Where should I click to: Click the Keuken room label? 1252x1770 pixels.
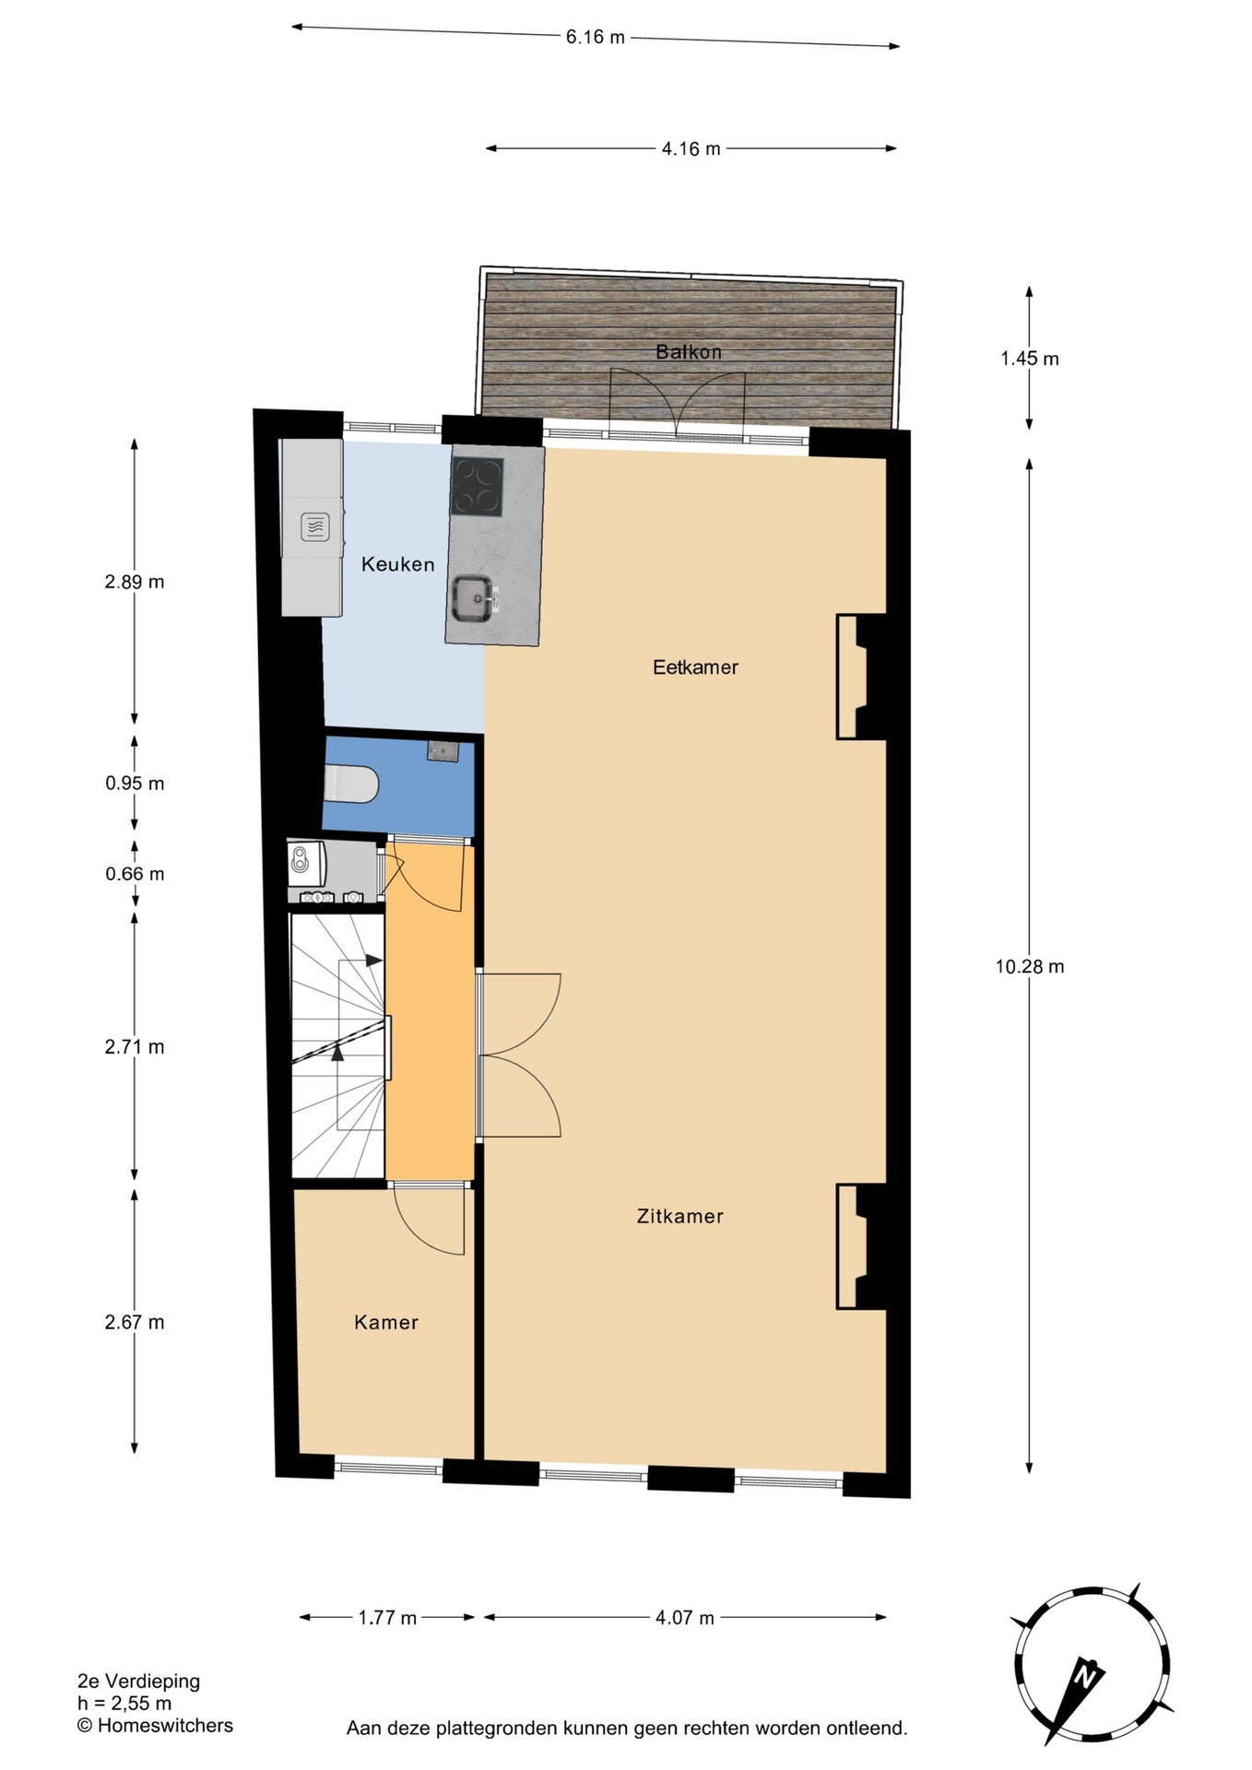click(397, 564)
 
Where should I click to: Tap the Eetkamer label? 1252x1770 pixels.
click(695, 667)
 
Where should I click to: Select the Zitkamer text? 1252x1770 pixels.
click(679, 1216)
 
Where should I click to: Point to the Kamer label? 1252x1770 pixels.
click(386, 1322)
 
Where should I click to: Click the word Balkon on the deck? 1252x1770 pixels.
click(689, 351)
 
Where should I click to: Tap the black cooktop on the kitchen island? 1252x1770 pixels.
click(477, 487)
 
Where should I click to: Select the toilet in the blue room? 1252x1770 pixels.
click(351, 784)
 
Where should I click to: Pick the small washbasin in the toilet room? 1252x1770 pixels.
click(443, 751)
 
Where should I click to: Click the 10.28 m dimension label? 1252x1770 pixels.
click(1030, 966)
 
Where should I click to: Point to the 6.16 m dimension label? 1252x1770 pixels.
click(596, 37)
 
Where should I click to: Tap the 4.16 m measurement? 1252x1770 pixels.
click(691, 148)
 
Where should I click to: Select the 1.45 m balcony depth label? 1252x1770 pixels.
click(1030, 359)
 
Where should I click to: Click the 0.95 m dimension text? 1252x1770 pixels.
click(135, 784)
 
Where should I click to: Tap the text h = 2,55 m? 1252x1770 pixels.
click(124, 1704)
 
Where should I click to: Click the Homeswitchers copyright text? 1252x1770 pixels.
click(155, 1726)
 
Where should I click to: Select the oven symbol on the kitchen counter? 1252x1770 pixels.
click(315, 527)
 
